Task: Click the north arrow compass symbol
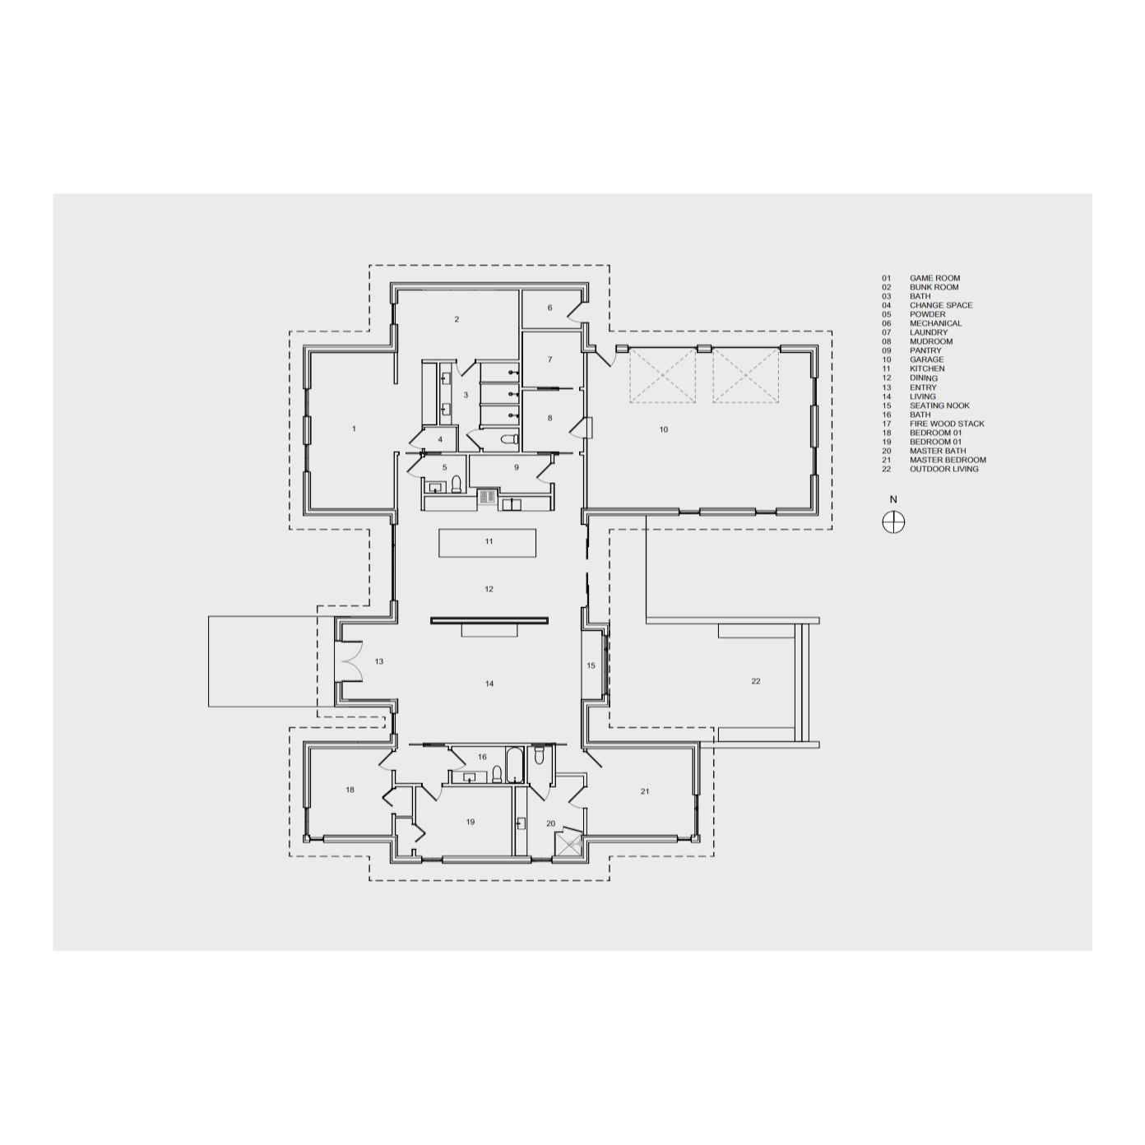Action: (x=893, y=522)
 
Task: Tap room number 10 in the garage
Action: (x=664, y=429)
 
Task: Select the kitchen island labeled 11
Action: (x=487, y=542)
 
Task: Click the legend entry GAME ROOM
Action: (x=934, y=278)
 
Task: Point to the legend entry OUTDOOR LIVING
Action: (x=944, y=469)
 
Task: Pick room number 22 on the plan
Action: (x=756, y=681)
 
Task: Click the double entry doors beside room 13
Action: (x=350, y=661)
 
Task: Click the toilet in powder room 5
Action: (x=457, y=484)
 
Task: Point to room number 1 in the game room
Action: (x=355, y=429)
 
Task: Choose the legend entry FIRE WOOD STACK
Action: (x=947, y=424)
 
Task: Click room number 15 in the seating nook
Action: (x=591, y=665)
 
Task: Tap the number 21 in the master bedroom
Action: (x=645, y=790)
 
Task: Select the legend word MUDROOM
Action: (x=931, y=341)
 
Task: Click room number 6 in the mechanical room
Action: (x=549, y=308)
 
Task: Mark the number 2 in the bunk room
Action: (x=457, y=319)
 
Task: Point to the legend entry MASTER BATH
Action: (x=938, y=451)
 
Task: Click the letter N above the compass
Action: (x=893, y=500)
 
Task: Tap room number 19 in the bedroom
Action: (x=470, y=822)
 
